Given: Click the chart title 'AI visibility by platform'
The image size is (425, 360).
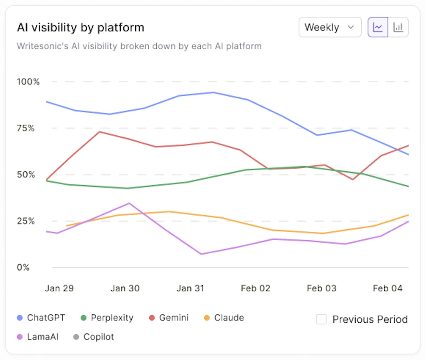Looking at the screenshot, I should [x=80, y=28].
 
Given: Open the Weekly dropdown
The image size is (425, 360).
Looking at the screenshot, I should [x=330, y=27].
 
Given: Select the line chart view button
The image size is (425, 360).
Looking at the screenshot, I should [x=378, y=27].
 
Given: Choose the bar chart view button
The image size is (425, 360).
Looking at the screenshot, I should [x=398, y=27].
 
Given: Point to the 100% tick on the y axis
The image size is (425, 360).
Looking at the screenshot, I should [x=28, y=82].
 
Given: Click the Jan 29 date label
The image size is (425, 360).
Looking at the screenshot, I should [x=59, y=288].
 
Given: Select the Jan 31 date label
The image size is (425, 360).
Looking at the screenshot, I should [x=190, y=288].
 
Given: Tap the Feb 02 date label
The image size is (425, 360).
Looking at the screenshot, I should [x=256, y=288].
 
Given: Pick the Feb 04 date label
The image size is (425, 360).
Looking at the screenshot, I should [x=388, y=288].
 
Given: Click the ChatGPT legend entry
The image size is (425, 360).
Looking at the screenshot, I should [x=41, y=318].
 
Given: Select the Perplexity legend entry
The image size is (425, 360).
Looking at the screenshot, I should [x=107, y=318].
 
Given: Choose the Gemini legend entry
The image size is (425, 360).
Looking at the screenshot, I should [x=169, y=318].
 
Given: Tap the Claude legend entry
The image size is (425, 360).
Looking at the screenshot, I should [x=224, y=318].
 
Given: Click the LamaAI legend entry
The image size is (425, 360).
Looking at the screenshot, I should [x=37, y=337].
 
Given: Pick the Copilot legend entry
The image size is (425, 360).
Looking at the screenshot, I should [x=94, y=337].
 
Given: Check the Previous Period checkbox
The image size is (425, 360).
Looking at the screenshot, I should [x=321, y=319].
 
